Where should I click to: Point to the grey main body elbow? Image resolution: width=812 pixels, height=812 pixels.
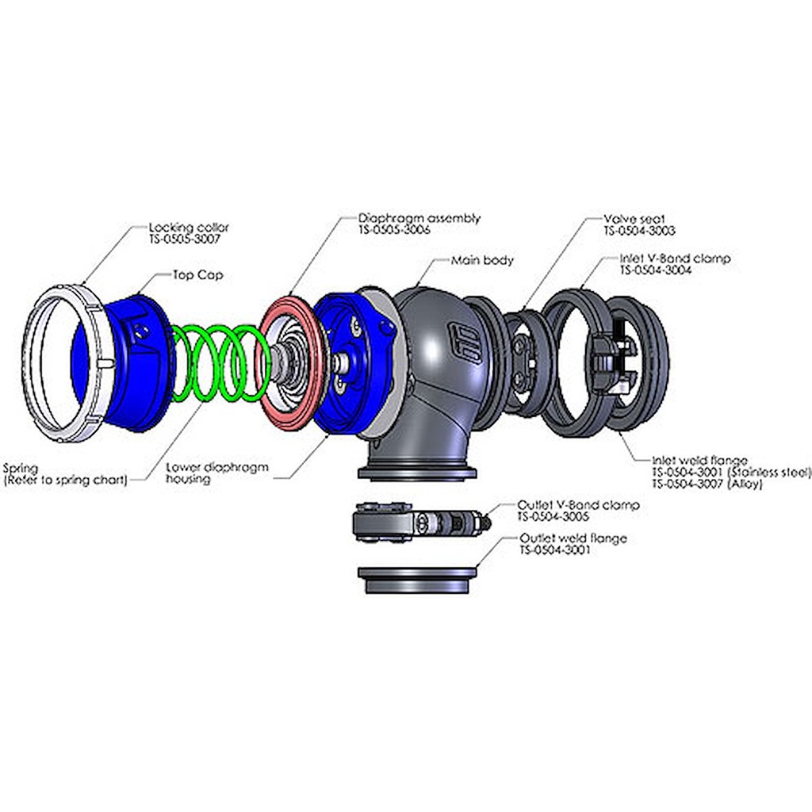pyautogui.click(x=428, y=381)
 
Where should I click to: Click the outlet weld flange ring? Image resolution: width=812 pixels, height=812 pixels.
pyautogui.click(x=419, y=579)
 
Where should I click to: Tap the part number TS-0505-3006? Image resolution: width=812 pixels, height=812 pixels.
pyautogui.click(x=397, y=229)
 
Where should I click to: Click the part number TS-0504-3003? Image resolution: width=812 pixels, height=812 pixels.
pyautogui.click(x=639, y=231)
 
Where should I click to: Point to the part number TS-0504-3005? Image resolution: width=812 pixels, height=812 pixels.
pyautogui.click(x=553, y=515)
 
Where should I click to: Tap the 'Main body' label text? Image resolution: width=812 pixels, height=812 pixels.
pyautogui.click(x=482, y=260)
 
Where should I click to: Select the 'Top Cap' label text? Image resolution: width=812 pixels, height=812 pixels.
pyautogui.click(x=197, y=276)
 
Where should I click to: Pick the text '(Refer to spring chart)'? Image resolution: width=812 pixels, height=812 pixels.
pyautogui.click(x=65, y=480)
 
